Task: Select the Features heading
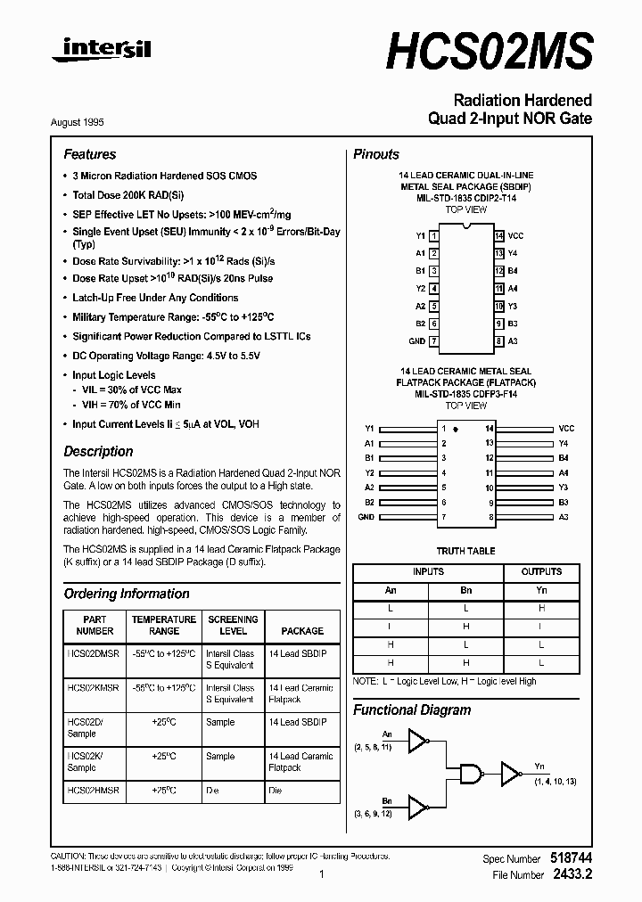point(89,154)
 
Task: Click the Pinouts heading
point(376,154)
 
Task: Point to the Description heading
point(98,451)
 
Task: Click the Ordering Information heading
point(127,594)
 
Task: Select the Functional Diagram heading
point(412,710)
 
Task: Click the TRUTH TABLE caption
point(465,551)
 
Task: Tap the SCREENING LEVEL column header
point(233,625)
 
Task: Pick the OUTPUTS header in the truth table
point(541,571)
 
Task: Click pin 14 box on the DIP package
point(499,236)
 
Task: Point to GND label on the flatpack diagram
point(366,517)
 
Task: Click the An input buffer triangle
point(417,737)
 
